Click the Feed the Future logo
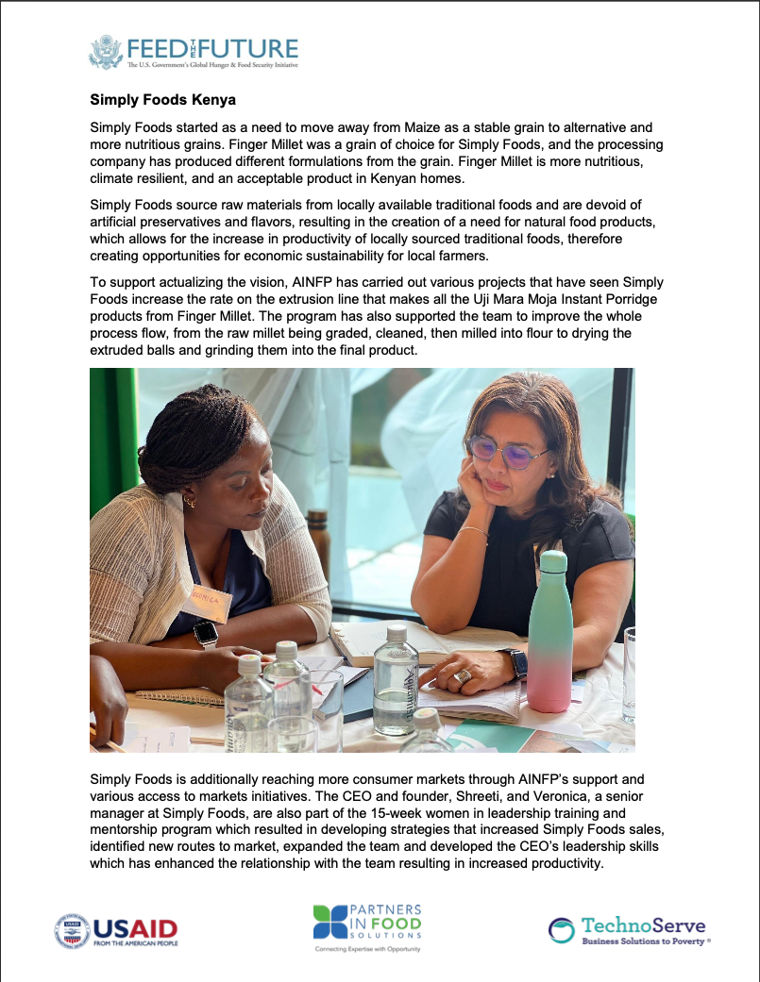coord(194,53)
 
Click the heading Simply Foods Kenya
coord(162,99)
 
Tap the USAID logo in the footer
coord(116,931)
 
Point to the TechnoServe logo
coord(629,929)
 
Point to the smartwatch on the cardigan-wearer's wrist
coord(205,634)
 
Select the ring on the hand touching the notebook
coord(463,675)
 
